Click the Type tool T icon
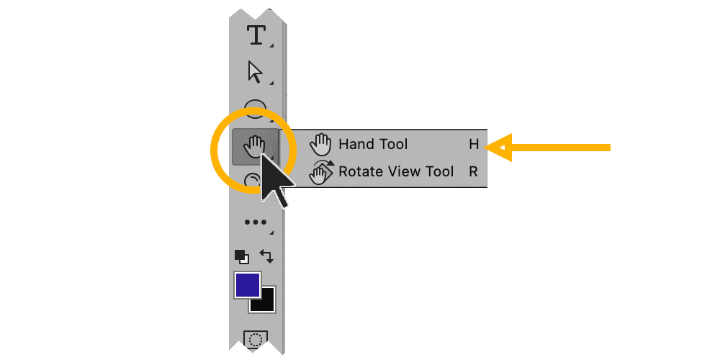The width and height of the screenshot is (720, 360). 256,35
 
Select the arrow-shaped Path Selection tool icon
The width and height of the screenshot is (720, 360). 255,72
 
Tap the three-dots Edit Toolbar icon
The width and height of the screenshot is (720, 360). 255,222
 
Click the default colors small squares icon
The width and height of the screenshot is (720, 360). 241,256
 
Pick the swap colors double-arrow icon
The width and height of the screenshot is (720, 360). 266,256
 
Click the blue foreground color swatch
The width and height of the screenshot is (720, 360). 247,285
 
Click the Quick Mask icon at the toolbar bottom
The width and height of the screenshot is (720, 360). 255,338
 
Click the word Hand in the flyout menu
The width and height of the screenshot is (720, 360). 357,144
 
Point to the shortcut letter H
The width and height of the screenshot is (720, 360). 474,144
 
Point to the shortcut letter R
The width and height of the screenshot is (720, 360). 474,171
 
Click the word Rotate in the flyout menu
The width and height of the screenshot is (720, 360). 362,171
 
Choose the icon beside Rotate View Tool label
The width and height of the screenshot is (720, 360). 320,173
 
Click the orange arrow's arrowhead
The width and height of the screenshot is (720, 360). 498,148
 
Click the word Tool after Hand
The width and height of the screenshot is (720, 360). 393,144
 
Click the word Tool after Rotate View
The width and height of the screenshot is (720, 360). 439,171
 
